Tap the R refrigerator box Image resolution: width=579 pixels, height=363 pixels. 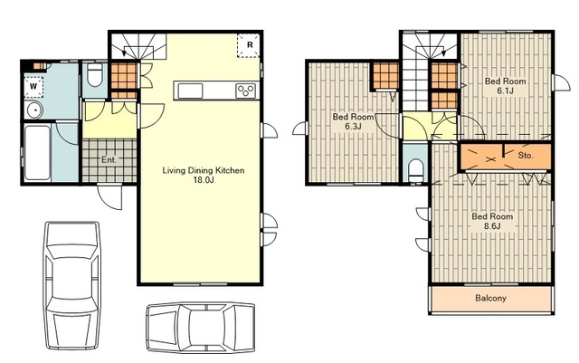click(250, 45)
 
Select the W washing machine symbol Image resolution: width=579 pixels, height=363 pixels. click(33, 87)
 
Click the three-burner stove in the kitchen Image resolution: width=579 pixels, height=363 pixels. click(246, 91)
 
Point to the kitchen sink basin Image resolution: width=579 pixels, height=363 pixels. click(190, 91)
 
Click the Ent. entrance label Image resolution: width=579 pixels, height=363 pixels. click(109, 160)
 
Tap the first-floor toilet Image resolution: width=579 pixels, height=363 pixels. click(95, 75)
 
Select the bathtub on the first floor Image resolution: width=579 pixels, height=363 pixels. click(37, 153)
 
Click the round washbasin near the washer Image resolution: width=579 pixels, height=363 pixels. click(34, 110)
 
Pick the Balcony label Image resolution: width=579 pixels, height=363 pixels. click(490, 298)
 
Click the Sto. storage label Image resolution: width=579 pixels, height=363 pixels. click(526, 156)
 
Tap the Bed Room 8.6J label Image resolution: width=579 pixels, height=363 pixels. click(492, 222)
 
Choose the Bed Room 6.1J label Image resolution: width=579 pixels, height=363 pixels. click(505, 86)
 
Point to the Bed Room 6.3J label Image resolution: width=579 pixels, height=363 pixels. click(353, 121)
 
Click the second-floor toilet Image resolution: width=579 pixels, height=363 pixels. click(416, 171)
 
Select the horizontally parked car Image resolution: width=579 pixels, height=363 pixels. click(201, 328)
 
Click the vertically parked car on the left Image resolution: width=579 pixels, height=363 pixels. click(72, 285)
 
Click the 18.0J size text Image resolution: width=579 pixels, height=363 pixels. click(204, 180)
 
